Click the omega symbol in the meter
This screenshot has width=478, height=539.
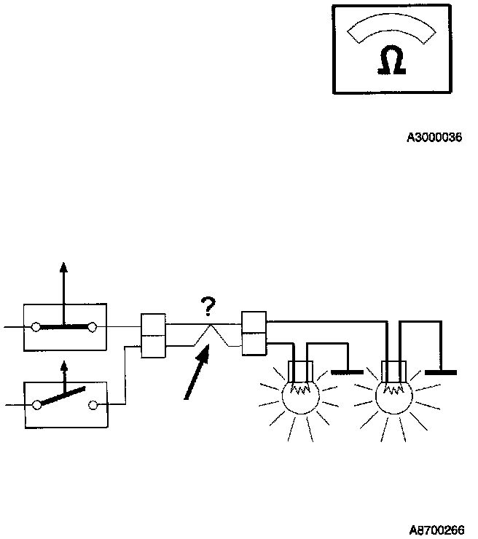391,63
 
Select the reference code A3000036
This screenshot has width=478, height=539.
434,137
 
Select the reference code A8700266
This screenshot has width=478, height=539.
436,530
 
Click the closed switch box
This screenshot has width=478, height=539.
65,326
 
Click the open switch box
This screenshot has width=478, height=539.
65,404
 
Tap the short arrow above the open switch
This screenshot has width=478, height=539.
64,374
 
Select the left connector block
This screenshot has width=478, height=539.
154,336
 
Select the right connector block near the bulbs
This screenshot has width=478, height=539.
254,333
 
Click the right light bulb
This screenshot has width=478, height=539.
394,397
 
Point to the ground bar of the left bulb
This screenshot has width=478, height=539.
347,371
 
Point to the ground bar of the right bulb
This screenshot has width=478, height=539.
440,371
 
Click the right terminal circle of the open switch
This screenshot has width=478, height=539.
93,404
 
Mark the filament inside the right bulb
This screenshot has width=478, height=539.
394,390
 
